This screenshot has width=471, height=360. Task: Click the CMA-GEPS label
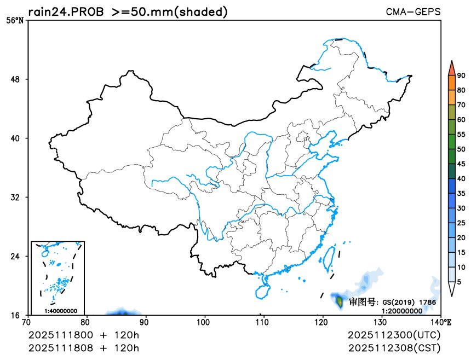click(x=413, y=11)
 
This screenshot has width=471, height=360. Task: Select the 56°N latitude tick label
click(x=14, y=21)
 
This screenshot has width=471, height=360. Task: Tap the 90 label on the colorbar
click(x=461, y=76)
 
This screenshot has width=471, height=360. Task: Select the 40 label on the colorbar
click(x=461, y=178)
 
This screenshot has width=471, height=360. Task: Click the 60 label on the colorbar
click(x=461, y=120)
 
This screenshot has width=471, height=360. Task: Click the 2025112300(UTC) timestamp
click(x=394, y=334)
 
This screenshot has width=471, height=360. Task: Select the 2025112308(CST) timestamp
click(x=394, y=347)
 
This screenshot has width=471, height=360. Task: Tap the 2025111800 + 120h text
click(x=84, y=334)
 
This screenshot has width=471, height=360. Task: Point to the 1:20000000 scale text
click(x=401, y=310)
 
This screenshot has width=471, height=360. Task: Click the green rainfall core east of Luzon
click(x=339, y=300)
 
